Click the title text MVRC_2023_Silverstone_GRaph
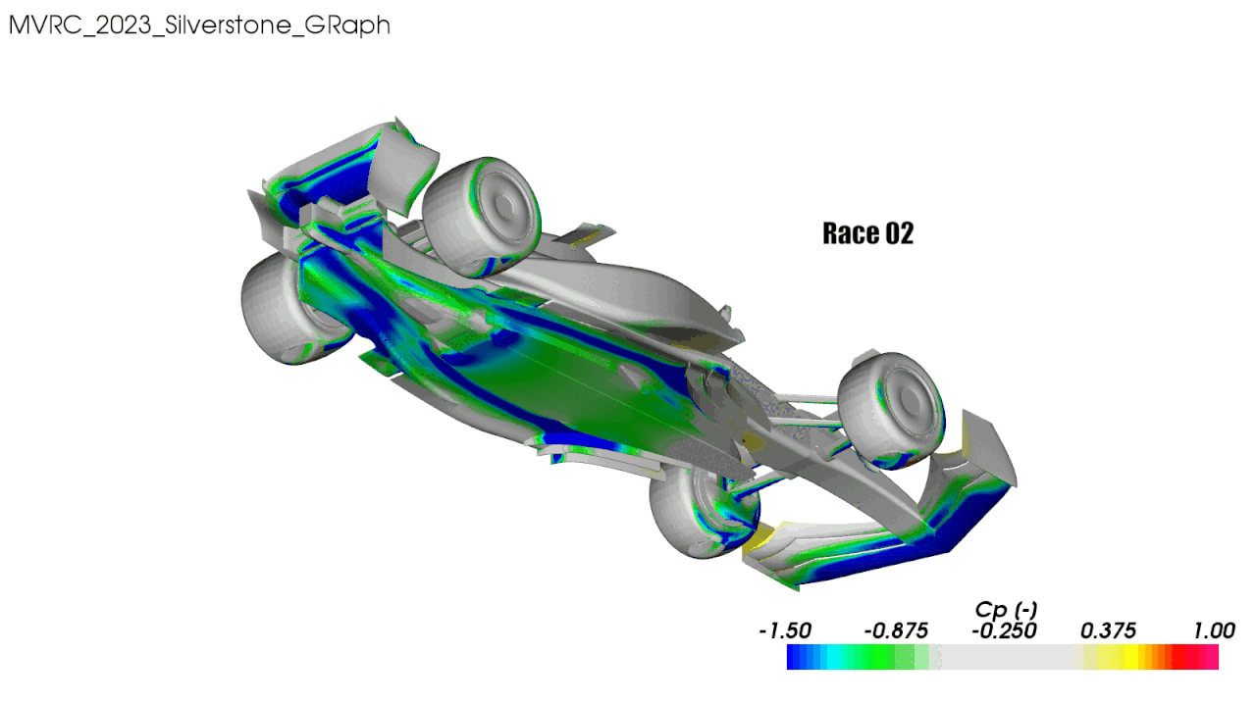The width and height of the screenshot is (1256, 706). (x=199, y=25)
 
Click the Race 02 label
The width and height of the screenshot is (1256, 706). (x=868, y=233)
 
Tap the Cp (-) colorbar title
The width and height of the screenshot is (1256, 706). (x=1006, y=609)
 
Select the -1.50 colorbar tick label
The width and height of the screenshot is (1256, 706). (x=785, y=630)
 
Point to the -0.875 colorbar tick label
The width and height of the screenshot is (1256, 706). (x=896, y=630)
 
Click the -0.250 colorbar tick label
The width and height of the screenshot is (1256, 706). (x=1004, y=630)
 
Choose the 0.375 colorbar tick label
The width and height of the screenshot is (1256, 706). (x=1108, y=630)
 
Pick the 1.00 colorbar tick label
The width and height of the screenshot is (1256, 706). (x=1214, y=630)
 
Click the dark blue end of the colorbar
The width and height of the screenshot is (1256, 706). (x=796, y=657)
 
